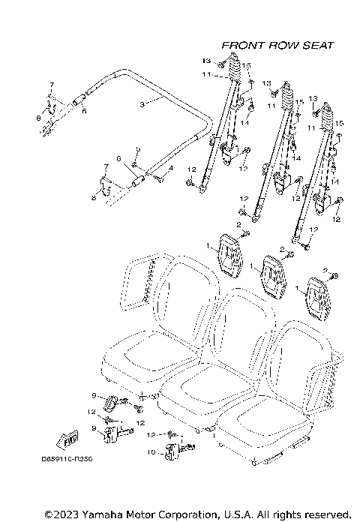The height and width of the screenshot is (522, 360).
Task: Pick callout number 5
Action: click(x=138, y=151)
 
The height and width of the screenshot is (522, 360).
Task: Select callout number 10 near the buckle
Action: click(x=152, y=451)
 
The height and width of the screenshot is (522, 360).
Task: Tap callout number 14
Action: click(x=297, y=159)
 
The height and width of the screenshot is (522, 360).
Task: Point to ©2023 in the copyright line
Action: click(x=61, y=515)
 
